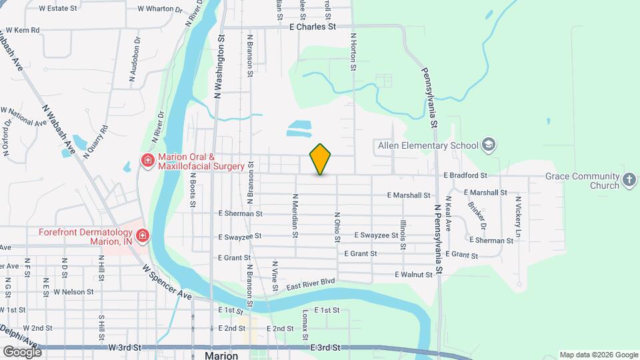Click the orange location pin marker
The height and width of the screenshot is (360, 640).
[320, 159]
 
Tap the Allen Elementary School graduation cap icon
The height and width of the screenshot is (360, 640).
[489, 145]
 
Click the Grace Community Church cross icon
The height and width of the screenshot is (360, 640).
[629, 179]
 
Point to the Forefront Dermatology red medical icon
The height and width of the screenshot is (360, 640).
[142, 236]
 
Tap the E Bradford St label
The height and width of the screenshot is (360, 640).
[465, 175]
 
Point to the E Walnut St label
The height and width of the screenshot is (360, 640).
[414, 274]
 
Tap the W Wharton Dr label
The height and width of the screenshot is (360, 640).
[159, 9]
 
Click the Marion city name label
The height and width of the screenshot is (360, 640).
[222, 355]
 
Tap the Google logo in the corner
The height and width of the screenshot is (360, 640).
[21, 351]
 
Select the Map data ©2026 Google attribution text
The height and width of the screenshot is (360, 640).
[597, 355]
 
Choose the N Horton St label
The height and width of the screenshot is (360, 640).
[353, 52]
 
